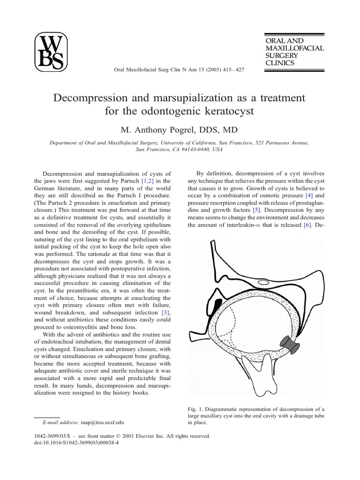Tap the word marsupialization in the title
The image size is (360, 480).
point(181,98)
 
